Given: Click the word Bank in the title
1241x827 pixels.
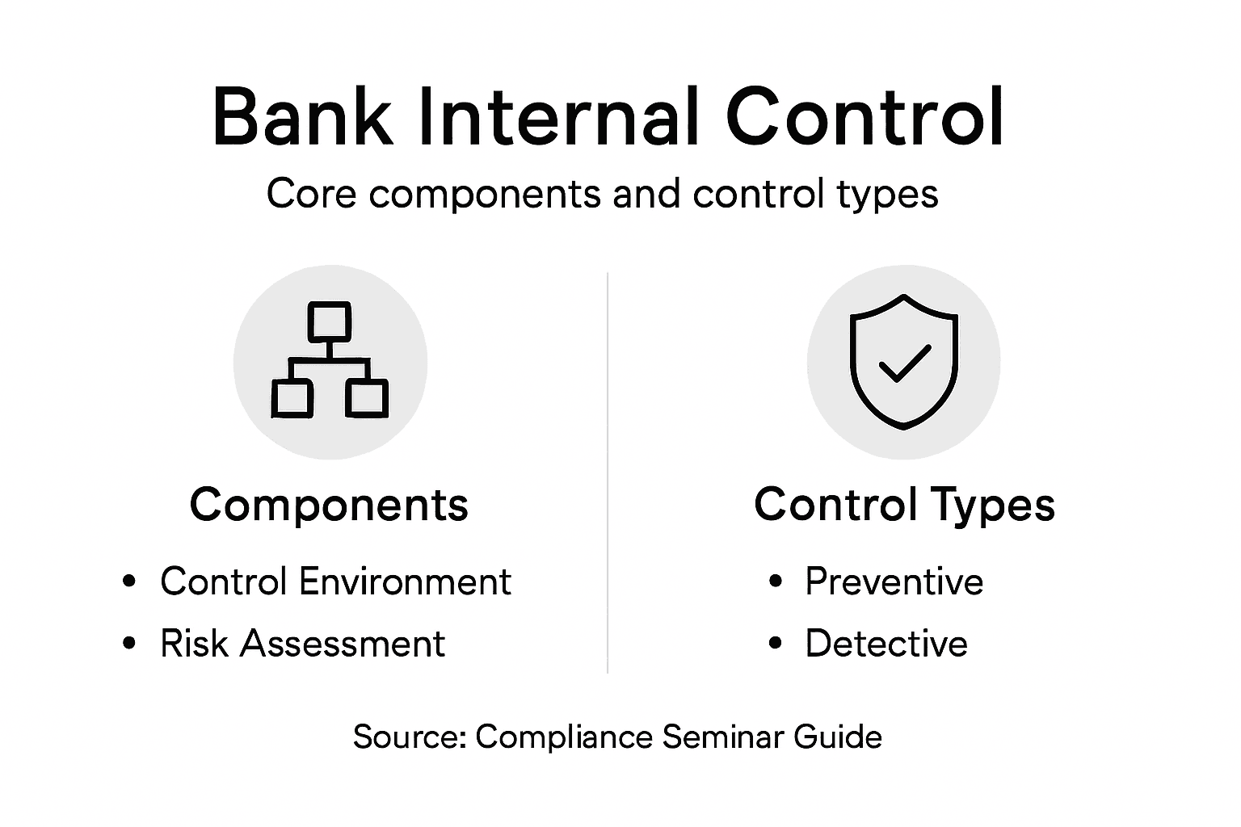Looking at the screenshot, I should coord(302,117).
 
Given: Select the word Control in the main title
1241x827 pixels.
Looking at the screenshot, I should coord(864,117).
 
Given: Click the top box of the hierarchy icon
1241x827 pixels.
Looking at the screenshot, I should coord(330,321).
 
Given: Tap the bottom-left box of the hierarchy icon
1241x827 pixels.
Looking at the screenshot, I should coord(292,397).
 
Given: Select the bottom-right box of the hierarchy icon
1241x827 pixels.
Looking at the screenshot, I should coord(367,397).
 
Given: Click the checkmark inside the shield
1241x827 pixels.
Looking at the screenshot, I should coord(904,363).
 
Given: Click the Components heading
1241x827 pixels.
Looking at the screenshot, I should coord(329,506).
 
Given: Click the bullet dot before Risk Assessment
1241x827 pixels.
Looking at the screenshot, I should coord(129,644).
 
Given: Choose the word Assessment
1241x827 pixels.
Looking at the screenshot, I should coord(343,644).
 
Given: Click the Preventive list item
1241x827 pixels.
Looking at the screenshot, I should coord(894,581).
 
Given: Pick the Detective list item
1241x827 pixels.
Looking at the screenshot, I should coord(886,644).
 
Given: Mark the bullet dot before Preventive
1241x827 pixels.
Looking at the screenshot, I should coord(776,581).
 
